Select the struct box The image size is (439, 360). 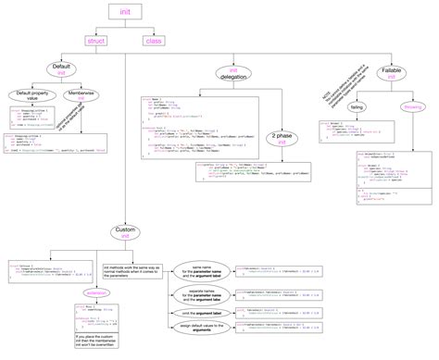point(96,40)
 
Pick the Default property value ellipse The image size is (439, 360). point(31,95)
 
